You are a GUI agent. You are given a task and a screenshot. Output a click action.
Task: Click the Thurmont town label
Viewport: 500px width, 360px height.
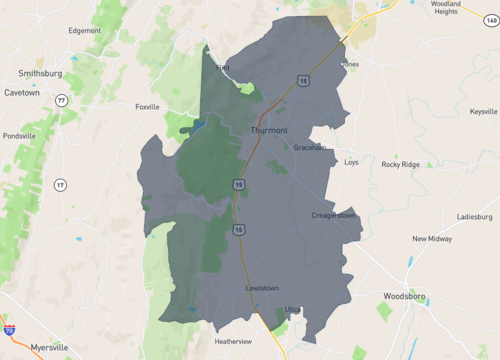point(269,130)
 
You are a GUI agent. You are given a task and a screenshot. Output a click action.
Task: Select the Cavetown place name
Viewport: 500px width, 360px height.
point(29,92)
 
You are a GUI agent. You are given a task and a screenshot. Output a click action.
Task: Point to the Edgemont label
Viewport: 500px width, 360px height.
point(84,30)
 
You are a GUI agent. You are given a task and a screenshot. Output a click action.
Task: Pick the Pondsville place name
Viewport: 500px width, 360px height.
point(19,135)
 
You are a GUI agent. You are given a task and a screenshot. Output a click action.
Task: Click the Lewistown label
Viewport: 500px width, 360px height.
point(262,289)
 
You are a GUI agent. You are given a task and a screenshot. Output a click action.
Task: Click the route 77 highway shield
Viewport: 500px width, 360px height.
point(62,100)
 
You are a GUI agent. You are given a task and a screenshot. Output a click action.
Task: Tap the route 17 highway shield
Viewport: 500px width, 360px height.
point(60,185)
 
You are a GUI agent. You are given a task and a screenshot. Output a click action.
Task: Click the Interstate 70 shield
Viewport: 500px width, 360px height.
point(10,327)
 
